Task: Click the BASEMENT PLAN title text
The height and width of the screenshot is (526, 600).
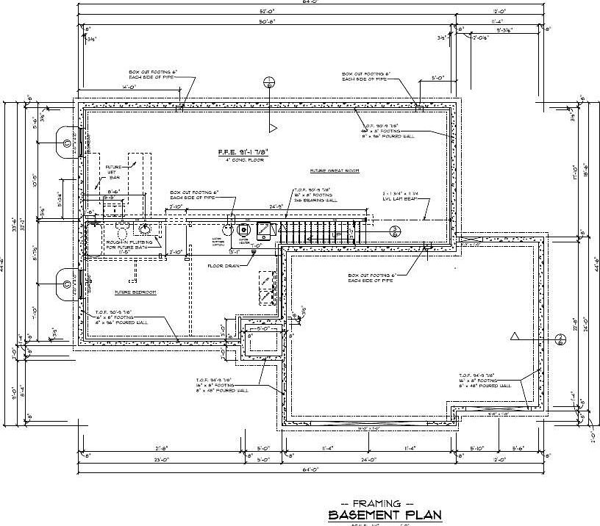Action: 385,514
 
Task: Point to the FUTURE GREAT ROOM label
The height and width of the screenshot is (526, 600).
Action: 335,170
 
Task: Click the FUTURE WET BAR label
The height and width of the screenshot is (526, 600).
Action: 114,172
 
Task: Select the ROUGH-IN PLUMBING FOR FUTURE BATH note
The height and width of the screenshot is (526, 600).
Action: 129,245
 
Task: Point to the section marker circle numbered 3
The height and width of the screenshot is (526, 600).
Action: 395,231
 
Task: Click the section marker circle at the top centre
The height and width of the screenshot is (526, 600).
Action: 271,82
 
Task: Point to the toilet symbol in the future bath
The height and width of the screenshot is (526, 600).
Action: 122,227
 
